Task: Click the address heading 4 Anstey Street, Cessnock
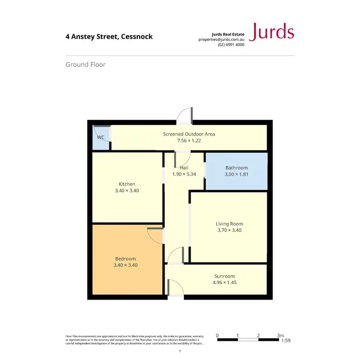coord(109,36)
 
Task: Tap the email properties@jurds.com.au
coord(221,39)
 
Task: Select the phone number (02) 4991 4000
coord(231,45)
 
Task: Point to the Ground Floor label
coord(85,64)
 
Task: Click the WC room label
coord(101,137)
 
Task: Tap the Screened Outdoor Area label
coord(189,134)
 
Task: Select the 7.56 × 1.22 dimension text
coord(189,141)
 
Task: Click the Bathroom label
coord(237,168)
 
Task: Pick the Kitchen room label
coord(127,184)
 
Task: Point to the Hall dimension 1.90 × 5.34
coord(184,174)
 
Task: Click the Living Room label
coord(229,224)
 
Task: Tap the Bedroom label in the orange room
coord(125,258)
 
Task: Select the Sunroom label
coord(225,276)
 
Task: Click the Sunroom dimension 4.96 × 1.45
coord(225,283)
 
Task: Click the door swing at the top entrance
coord(185,115)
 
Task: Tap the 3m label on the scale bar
coord(280,336)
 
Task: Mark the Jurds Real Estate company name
coord(228,34)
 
